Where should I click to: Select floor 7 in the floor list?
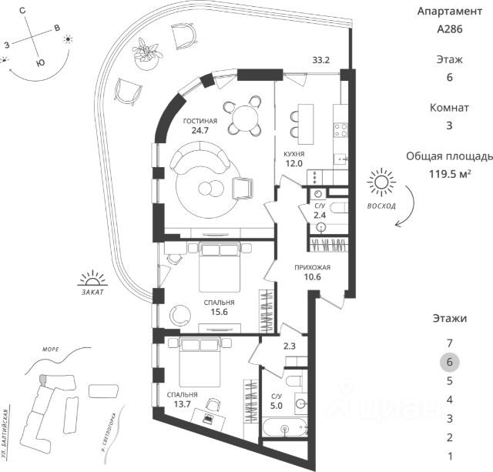[x=449, y=343]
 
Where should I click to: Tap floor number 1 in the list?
[x=449, y=456]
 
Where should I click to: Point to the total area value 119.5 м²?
[x=449, y=174]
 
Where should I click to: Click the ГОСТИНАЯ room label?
[x=200, y=122]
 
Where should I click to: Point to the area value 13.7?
[x=182, y=405]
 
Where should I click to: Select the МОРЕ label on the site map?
[x=52, y=348]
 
